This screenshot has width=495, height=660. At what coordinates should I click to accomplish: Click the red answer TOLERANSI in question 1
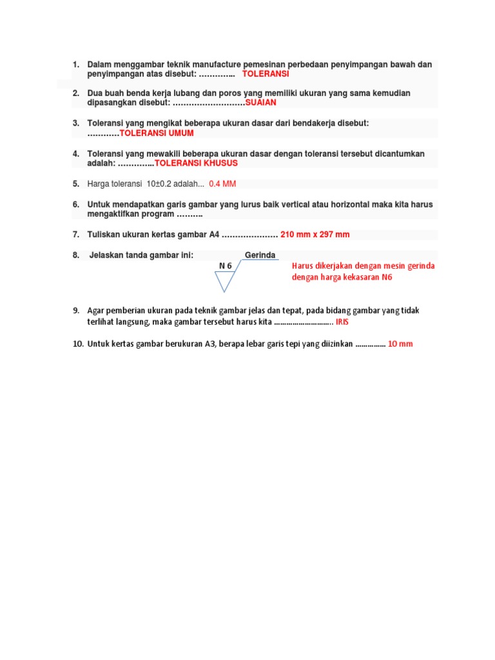pos(266,74)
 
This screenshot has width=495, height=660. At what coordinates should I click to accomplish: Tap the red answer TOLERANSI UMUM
pos(157,133)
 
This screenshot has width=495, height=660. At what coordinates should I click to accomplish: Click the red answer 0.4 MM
pos(222,184)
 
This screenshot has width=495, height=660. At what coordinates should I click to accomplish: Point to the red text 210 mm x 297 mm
pos(315,235)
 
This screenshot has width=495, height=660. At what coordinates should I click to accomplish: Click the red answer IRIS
pos(342,321)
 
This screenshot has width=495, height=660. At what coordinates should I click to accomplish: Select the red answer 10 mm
pos(400,344)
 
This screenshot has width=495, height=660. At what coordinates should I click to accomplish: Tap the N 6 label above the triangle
pos(226,266)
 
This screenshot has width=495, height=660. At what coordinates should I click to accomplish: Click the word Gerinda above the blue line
pos(260,255)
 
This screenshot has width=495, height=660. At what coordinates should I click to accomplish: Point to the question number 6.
pos(75,204)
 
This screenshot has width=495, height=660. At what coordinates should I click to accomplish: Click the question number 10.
pos(77,344)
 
